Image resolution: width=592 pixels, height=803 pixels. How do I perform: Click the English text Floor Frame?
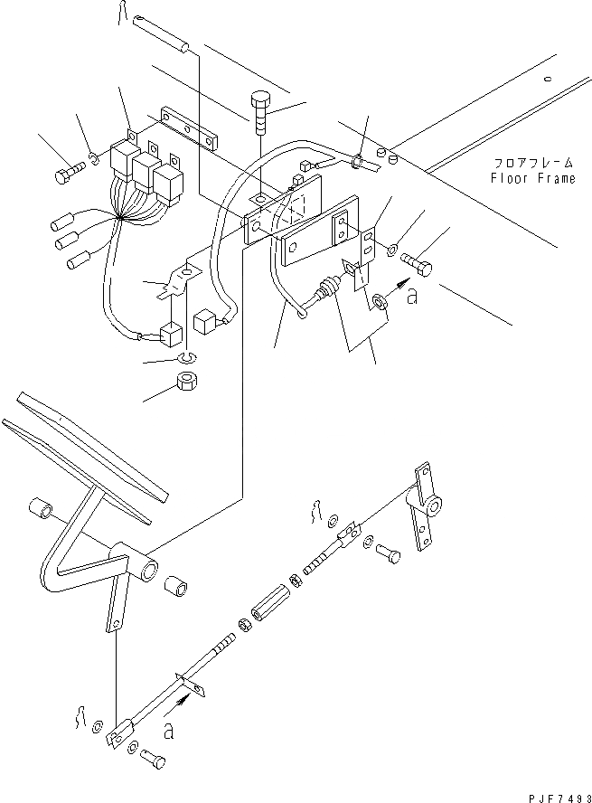click(x=532, y=179)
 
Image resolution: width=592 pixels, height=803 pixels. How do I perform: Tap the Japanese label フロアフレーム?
click(x=533, y=164)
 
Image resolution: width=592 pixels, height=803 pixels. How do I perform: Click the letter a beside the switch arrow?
click(x=413, y=298)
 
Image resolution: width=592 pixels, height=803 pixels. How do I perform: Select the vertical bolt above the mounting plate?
click(x=260, y=112)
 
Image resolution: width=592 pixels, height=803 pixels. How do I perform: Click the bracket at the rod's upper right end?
click(x=423, y=509)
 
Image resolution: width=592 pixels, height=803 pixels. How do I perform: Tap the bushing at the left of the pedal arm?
click(x=41, y=509)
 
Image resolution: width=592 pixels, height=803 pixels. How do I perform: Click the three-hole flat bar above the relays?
click(x=190, y=128)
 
